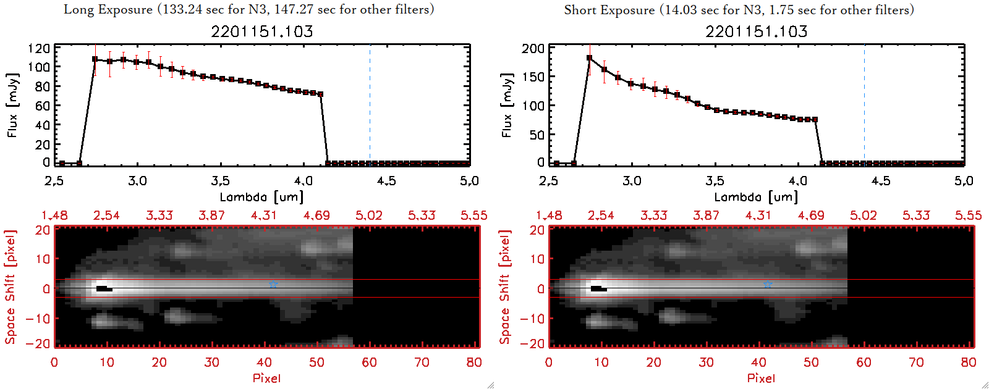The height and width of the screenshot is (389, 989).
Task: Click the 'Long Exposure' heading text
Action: [x=108, y=9]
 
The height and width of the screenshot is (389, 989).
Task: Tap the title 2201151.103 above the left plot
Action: [x=262, y=31]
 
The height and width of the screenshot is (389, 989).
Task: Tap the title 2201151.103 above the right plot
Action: [x=757, y=31]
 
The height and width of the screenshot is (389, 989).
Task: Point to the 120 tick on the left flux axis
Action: [x=39, y=48]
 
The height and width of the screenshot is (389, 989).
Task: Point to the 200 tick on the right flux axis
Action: [x=533, y=48]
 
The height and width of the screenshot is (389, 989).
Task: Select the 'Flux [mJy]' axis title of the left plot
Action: [x=12, y=105]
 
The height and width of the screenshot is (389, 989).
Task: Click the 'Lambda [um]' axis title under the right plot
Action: [x=756, y=197]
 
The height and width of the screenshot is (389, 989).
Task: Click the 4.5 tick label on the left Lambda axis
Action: [x=386, y=181]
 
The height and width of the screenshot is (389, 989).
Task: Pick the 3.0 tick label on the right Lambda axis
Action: [x=632, y=181]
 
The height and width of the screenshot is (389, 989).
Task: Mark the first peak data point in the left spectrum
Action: [x=95, y=59]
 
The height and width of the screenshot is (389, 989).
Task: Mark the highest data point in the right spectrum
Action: [x=589, y=58]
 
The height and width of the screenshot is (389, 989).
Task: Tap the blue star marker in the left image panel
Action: [x=273, y=284]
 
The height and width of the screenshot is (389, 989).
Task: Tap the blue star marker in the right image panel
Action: [x=768, y=284]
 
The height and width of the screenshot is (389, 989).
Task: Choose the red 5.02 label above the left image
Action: [x=369, y=215]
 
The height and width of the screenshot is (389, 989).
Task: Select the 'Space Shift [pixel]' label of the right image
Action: [x=505, y=287]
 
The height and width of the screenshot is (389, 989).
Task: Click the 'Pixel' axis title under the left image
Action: [x=266, y=378]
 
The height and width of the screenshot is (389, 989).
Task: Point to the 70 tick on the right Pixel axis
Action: [x=916, y=362]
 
